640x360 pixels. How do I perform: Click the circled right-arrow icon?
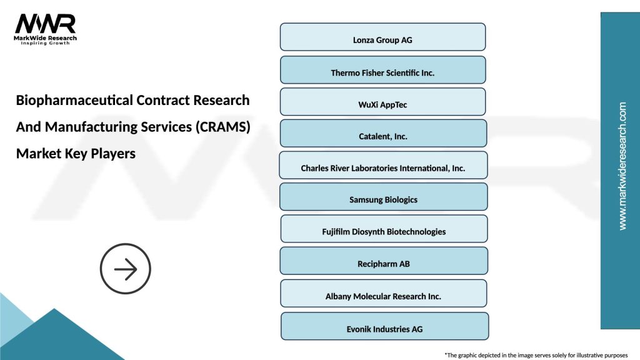pos(126,269)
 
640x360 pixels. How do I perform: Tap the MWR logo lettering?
pos(45,24)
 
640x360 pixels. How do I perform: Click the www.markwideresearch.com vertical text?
pos(622,166)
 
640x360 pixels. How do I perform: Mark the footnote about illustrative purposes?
pos(536,354)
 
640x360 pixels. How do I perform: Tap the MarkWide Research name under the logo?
pos(46,38)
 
